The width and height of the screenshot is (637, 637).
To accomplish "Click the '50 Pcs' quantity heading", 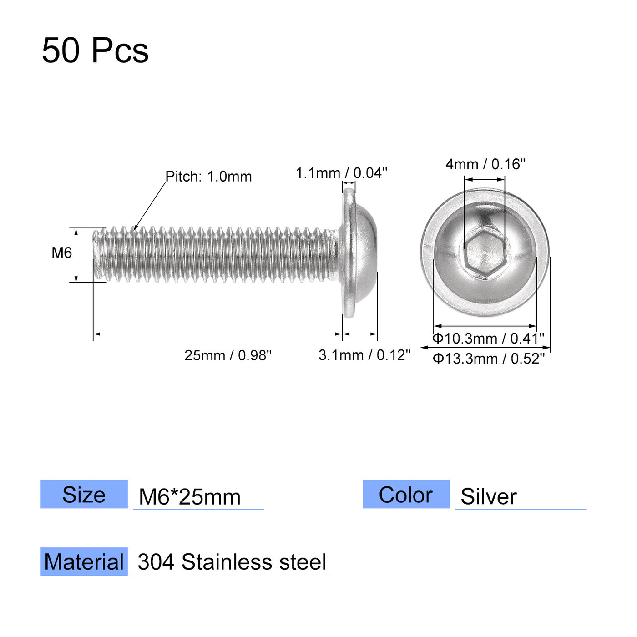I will click(x=95, y=51).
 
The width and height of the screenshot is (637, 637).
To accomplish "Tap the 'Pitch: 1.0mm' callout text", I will click(x=208, y=177).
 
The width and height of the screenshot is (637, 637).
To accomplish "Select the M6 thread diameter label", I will click(x=61, y=253).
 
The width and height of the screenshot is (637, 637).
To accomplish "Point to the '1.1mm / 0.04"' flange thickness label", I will click(x=341, y=173).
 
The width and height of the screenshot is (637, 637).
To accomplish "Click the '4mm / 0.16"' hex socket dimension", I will click(x=485, y=164).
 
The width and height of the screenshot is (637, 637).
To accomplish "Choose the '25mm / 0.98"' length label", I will click(x=228, y=355).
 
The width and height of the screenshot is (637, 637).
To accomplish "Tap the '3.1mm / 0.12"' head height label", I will click(x=364, y=355).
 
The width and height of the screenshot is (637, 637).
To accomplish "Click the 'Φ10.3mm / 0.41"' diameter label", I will click(x=488, y=339).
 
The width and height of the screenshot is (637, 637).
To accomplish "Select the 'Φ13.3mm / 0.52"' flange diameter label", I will click(x=488, y=359).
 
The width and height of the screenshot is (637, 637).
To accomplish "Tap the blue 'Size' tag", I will click(x=84, y=495).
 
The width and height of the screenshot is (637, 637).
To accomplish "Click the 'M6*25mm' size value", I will click(x=190, y=497).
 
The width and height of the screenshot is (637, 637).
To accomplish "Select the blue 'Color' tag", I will click(x=406, y=495).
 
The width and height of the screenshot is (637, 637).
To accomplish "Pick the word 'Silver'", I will click(x=489, y=496).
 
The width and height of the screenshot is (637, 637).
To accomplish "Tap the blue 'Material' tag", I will click(x=84, y=562).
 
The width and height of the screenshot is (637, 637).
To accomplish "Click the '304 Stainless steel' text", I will click(x=232, y=562).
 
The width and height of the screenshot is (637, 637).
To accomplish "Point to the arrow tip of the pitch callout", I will click(x=135, y=229).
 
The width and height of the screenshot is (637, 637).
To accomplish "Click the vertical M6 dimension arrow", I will click(x=76, y=255).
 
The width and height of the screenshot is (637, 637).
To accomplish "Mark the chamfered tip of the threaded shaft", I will click(x=96, y=254).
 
